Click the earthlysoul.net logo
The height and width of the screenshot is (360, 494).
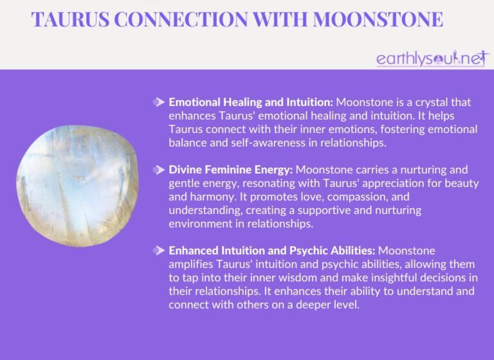[432, 59]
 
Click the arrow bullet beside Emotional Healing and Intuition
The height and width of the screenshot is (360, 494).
[158, 102]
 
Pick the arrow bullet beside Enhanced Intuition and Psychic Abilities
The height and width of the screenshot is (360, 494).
[158, 250]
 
